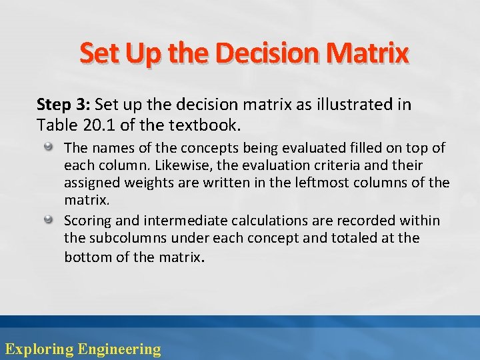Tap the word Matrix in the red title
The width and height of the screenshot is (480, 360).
[x=367, y=53]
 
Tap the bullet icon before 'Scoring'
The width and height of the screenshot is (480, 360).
[x=49, y=219]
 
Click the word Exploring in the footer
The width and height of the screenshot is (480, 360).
[x=39, y=349]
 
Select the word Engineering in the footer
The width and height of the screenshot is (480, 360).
[x=119, y=349]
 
